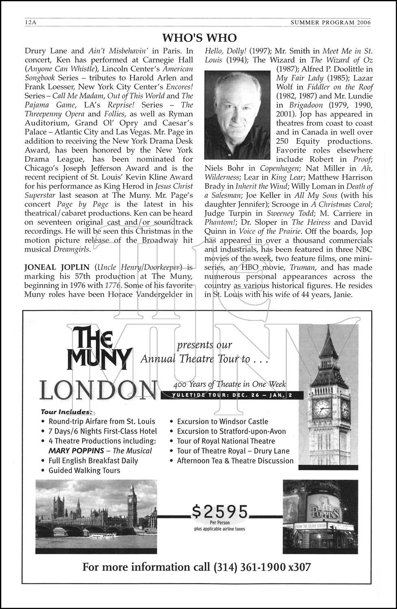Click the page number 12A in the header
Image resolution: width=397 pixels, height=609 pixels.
click(30, 23)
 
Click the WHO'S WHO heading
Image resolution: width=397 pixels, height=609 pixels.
click(199, 38)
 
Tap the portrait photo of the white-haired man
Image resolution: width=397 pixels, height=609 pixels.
click(237, 115)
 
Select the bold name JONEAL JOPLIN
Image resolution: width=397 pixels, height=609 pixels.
click(57, 267)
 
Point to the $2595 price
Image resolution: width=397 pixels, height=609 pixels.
click(220, 512)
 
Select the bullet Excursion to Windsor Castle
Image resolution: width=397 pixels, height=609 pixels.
click(222, 422)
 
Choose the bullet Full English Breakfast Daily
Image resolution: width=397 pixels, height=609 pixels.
click(93, 461)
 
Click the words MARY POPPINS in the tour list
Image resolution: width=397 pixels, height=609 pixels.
click(76, 451)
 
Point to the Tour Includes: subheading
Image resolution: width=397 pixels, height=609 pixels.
click(67, 412)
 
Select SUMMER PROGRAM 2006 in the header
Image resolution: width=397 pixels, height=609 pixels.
click(330, 23)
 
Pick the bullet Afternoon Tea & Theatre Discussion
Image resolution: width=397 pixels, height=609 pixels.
click(235, 461)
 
